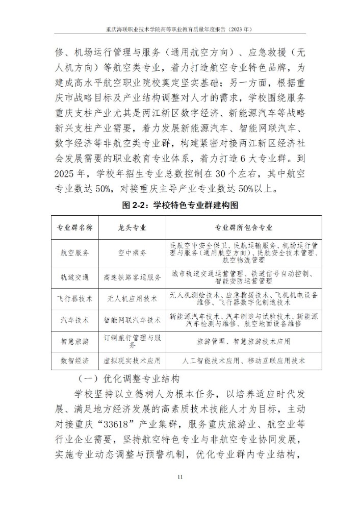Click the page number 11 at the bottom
tap(179, 477)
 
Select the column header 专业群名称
tap(75, 227)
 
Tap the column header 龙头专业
tap(132, 227)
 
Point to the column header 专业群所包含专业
tap(243, 227)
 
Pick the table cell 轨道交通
tap(75, 277)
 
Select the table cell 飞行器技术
tap(75, 297)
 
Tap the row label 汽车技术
tap(75, 320)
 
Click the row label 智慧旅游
tap(75, 341)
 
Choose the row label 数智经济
tap(75, 361)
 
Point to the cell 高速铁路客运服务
tap(132, 277)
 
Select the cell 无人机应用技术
tap(132, 297)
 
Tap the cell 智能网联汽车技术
tap(132, 320)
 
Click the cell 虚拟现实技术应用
tap(132, 361)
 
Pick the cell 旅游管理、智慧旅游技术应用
tap(243, 341)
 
